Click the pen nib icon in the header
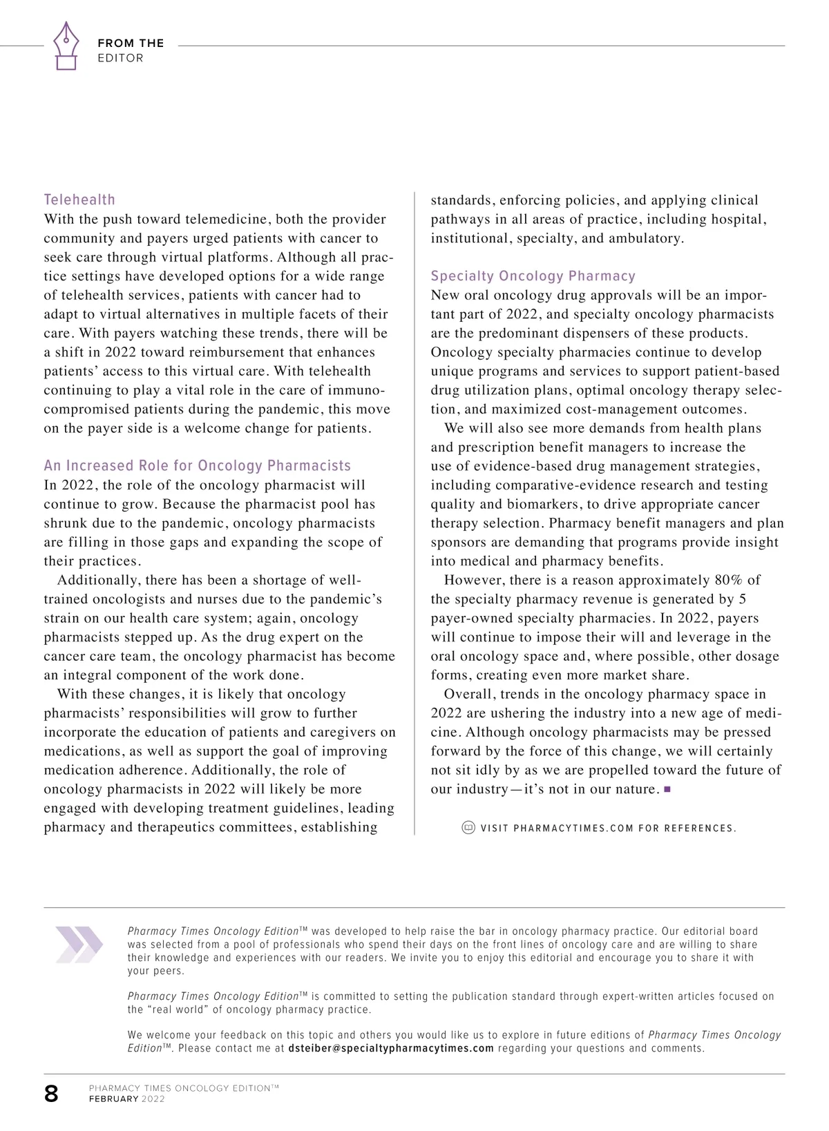pos(66,45)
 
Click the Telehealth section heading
pos(79,200)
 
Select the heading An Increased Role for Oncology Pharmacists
pos(197,465)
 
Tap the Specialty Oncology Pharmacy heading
pos(533,276)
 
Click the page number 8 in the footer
pos(52,1094)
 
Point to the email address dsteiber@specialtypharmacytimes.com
pos(391,1048)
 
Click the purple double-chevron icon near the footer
pos(79,945)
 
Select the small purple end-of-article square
pos(667,789)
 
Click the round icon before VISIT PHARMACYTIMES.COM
pos(468,827)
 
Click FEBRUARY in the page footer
pos(113,1099)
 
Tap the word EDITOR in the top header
pos(120,58)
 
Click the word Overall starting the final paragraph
pos(468,694)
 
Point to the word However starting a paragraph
pos(473,580)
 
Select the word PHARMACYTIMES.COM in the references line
pos(573,828)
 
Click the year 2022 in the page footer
pos(153,1099)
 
